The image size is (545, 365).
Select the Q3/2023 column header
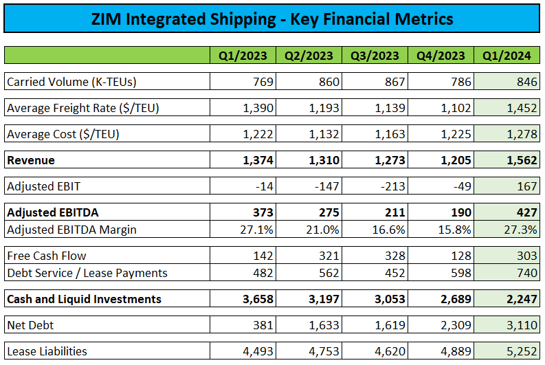375,56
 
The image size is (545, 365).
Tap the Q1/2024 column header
507,56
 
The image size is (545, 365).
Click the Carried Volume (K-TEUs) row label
71,82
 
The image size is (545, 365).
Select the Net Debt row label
31,325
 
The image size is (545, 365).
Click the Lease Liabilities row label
47,351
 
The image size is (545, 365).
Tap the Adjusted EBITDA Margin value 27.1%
258,230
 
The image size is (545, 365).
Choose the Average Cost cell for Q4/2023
455,134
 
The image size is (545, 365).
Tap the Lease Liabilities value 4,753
323,351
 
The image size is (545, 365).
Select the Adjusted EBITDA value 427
525,212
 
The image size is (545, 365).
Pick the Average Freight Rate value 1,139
389,108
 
